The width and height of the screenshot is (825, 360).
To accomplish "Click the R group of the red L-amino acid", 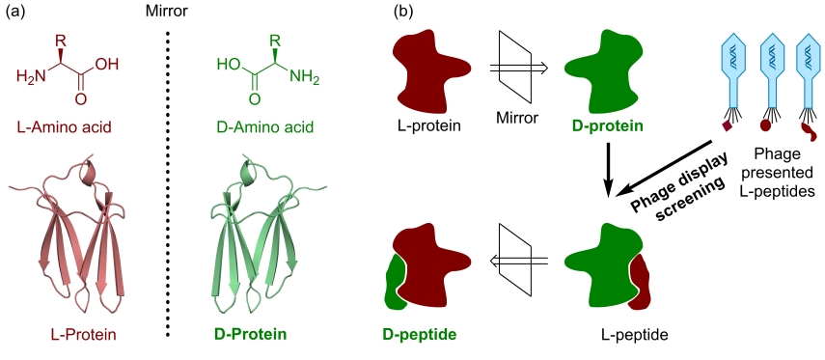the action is (61, 40).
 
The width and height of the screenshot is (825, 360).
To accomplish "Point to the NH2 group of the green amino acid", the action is (305, 78).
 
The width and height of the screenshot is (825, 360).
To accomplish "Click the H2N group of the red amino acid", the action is (31, 77).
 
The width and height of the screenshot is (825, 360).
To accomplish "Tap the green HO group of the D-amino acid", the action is (228, 65).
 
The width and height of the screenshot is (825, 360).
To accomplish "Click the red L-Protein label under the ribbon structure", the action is (84, 335).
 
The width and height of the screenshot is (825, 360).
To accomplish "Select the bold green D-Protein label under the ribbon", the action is (251, 335).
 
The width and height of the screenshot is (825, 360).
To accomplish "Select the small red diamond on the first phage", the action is (729, 126).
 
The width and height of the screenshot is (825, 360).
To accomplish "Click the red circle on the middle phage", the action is (765, 125).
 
